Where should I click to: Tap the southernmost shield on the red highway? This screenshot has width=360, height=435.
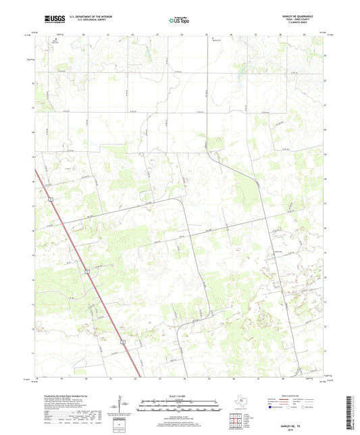[x=124, y=343]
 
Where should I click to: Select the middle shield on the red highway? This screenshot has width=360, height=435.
[x=87, y=271]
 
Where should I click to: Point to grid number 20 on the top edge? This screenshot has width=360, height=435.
[x=84, y=34]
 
